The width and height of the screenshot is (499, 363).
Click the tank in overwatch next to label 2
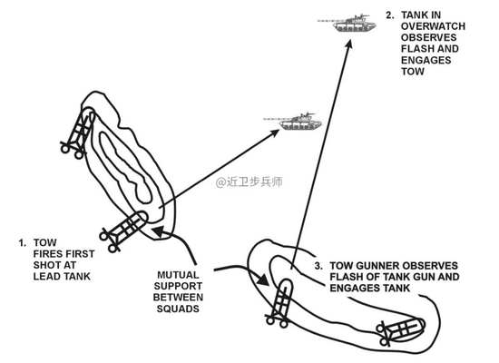click(x=347, y=23)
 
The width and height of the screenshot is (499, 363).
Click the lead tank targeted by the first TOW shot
click(x=293, y=122)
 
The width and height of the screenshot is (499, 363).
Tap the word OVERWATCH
click(x=433, y=26)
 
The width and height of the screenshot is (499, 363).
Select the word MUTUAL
click(x=178, y=275)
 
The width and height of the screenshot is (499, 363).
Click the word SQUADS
click(x=178, y=309)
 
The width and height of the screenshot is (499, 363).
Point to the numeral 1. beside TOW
click(x=23, y=243)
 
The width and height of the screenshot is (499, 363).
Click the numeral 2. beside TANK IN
click(x=390, y=15)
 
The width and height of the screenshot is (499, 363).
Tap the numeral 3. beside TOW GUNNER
click(x=318, y=266)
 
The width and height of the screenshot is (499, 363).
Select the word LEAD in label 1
click(x=46, y=277)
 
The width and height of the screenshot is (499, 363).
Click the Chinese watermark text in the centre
click(x=249, y=181)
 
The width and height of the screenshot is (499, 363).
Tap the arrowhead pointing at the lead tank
click(x=274, y=132)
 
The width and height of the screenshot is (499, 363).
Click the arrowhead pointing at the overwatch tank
click(x=348, y=44)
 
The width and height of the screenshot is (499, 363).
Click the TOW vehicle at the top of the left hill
click(x=78, y=133)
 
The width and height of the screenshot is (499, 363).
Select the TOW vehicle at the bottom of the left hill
click(x=123, y=231)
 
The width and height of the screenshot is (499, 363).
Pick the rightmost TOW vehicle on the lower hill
click(x=400, y=331)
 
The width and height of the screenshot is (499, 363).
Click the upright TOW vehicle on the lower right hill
click(x=279, y=304)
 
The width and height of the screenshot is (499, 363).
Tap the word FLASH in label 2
click(x=415, y=49)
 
